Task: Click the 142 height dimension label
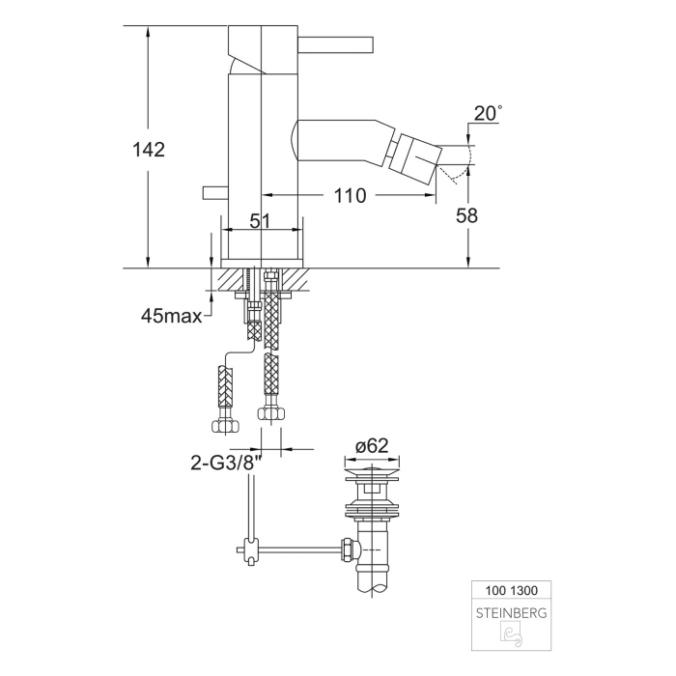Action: pyautogui.click(x=149, y=150)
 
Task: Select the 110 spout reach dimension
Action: pyautogui.click(x=349, y=196)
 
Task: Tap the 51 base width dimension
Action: pyautogui.click(x=260, y=221)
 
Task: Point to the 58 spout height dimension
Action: pyautogui.click(x=466, y=216)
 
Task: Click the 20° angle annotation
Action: pyautogui.click(x=487, y=114)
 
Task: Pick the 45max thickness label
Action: pyautogui.click(x=172, y=316)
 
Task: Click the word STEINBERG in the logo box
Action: pyautogui.click(x=511, y=612)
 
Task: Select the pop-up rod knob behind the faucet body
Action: pyautogui.click(x=212, y=193)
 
